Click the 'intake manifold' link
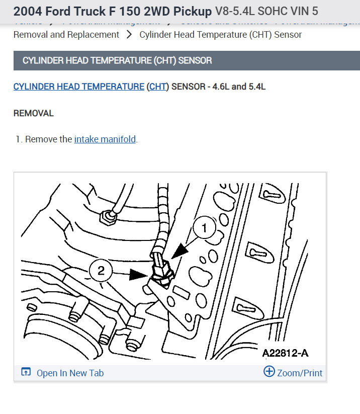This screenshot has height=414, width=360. (105, 139)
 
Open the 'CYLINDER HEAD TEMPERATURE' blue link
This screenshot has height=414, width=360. (78, 87)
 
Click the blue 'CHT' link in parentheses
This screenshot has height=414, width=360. (158, 87)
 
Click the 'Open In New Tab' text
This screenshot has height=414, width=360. (70, 373)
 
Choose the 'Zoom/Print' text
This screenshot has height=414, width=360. (300, 373)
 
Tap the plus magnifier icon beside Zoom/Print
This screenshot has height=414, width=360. (269, 372)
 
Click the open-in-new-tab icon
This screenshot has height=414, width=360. (26, 372)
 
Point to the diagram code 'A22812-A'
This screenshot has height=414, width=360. (285, 353)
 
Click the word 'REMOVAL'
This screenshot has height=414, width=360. (33, 113)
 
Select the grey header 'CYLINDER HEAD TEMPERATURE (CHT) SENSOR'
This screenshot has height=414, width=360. (117, 60)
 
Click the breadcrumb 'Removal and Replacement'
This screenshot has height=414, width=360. (66, 35)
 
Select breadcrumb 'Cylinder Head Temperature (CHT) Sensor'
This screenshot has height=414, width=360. (221, 35)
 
